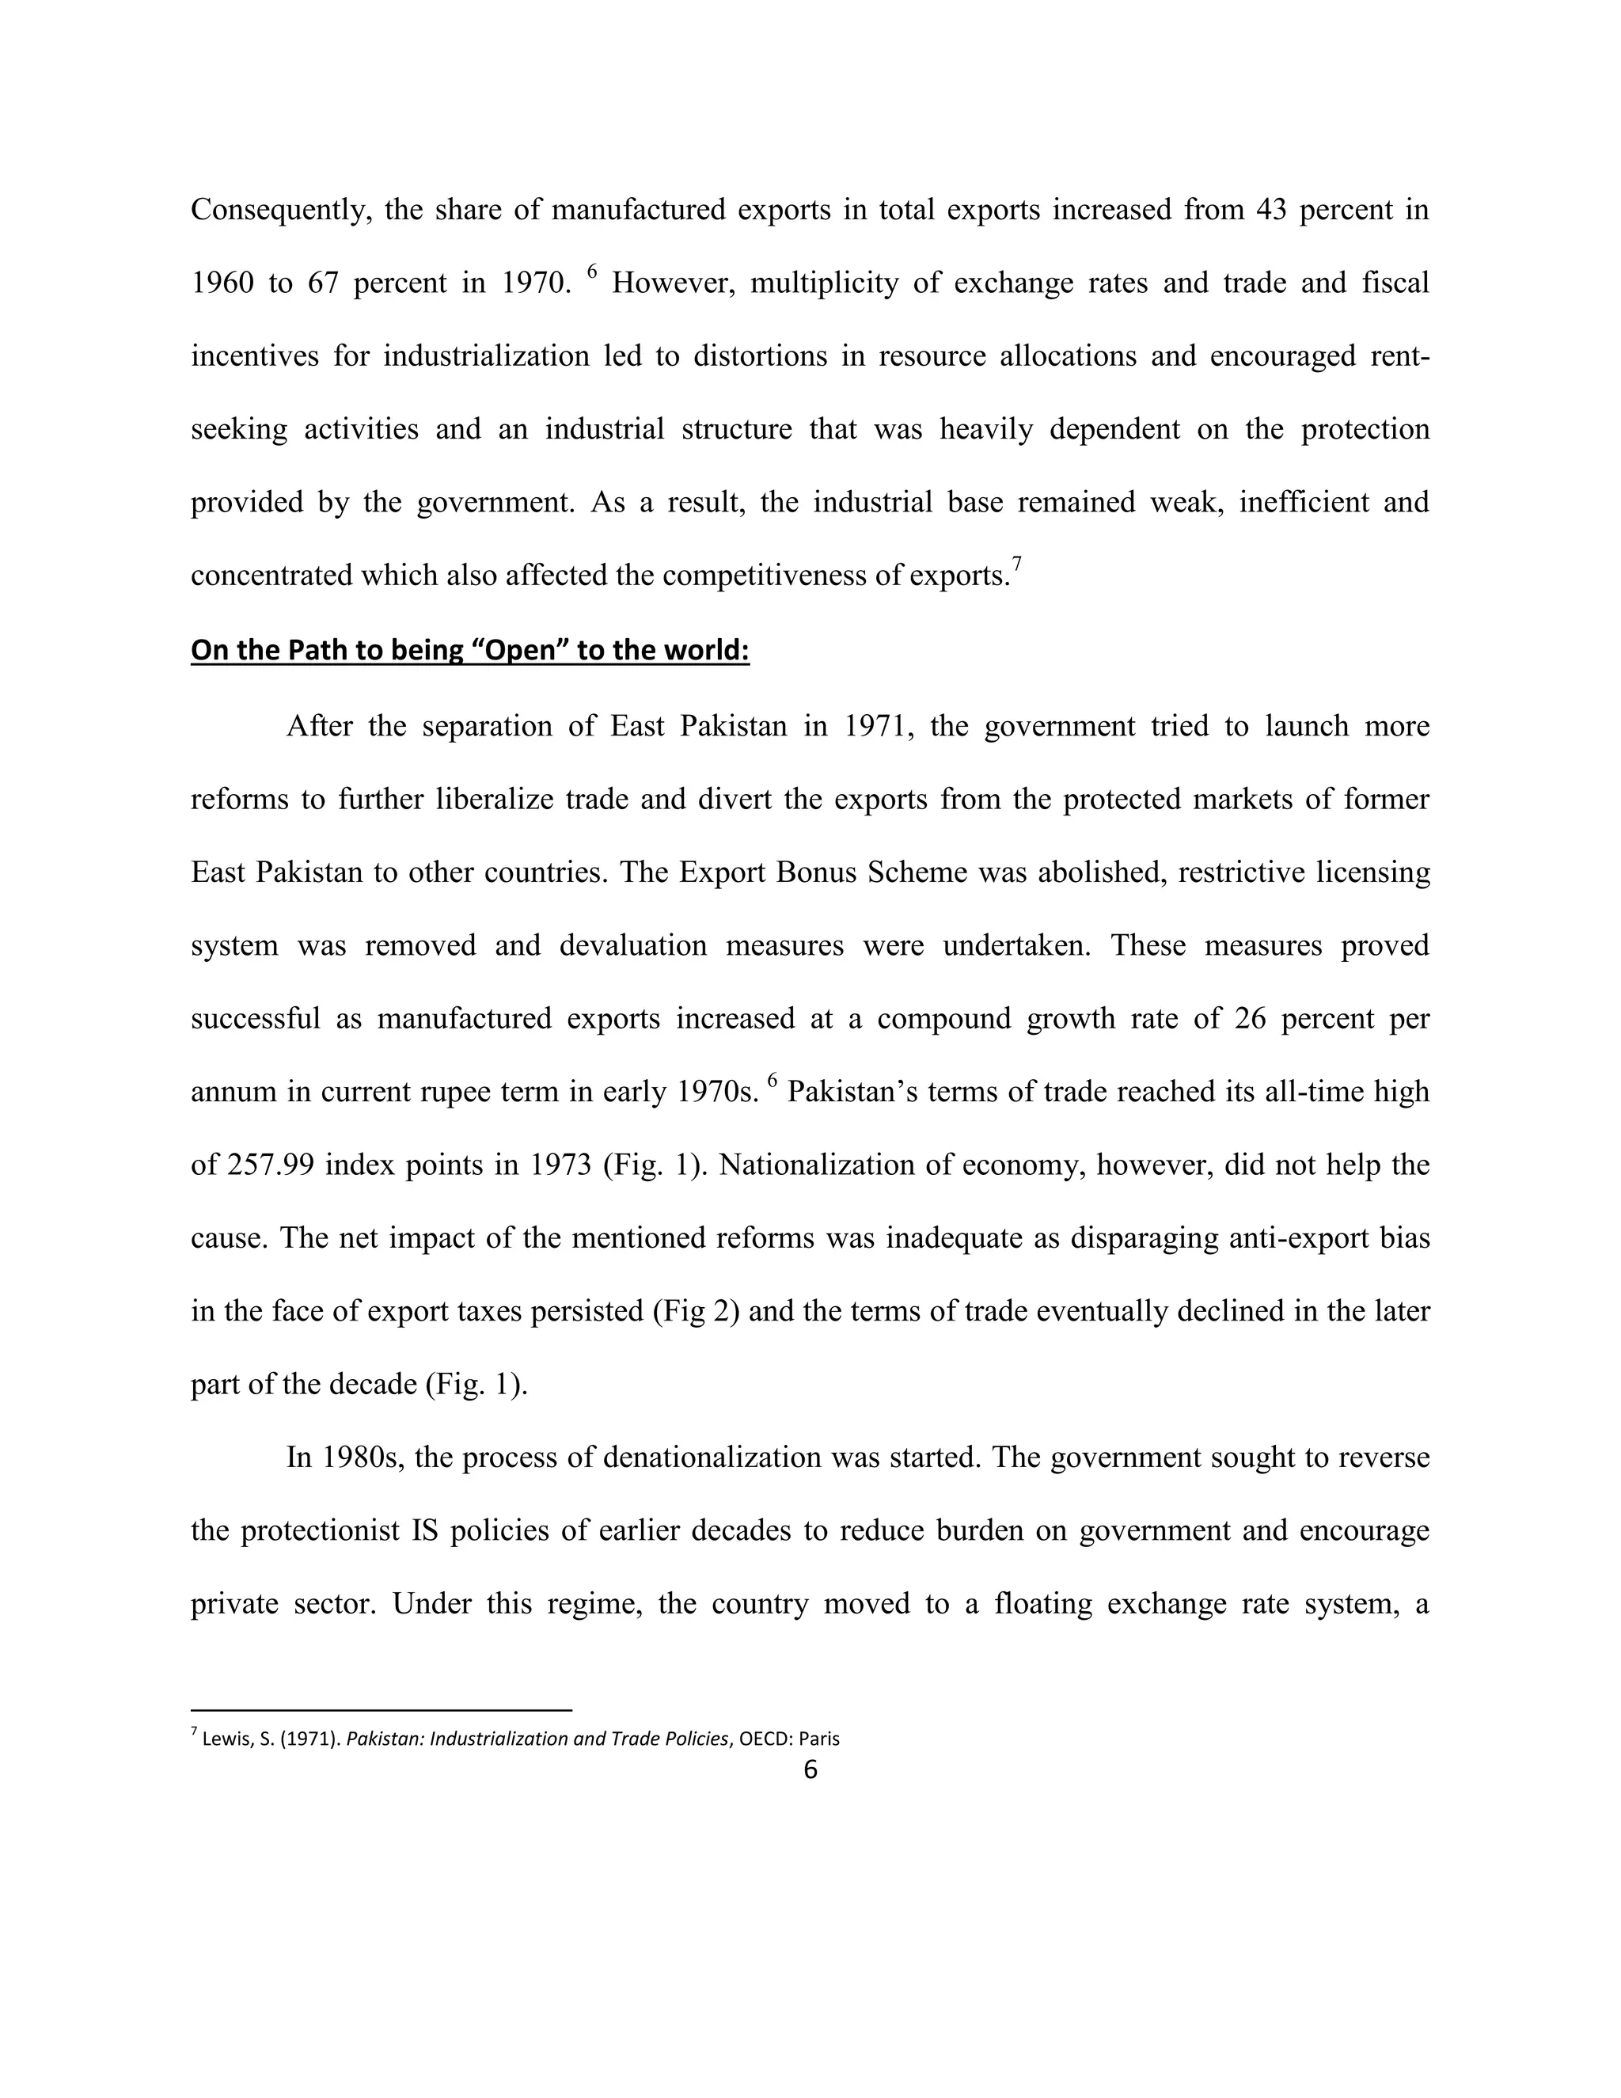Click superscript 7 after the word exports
point(1016,564)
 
